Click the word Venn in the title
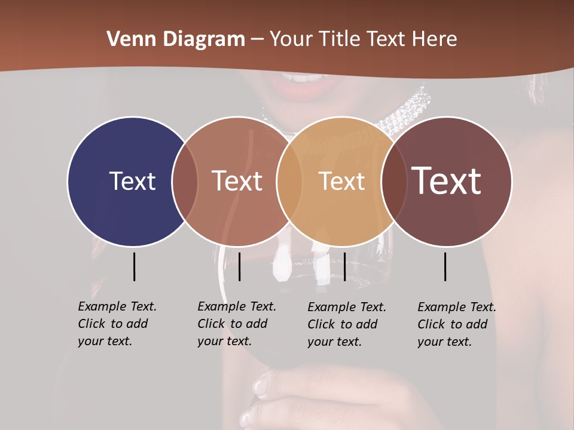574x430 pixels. (126, 39)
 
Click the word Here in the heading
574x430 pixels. (434, 39)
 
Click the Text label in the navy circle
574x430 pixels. (132, 181)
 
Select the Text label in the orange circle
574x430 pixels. (341, 181)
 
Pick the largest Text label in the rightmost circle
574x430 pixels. (447, 180)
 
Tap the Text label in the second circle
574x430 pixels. (237, 181)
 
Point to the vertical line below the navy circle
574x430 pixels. (134, 266)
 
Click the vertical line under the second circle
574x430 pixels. (239, 266)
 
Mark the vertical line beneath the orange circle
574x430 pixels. (344, 266)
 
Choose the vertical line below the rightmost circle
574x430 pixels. (445, 266)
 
